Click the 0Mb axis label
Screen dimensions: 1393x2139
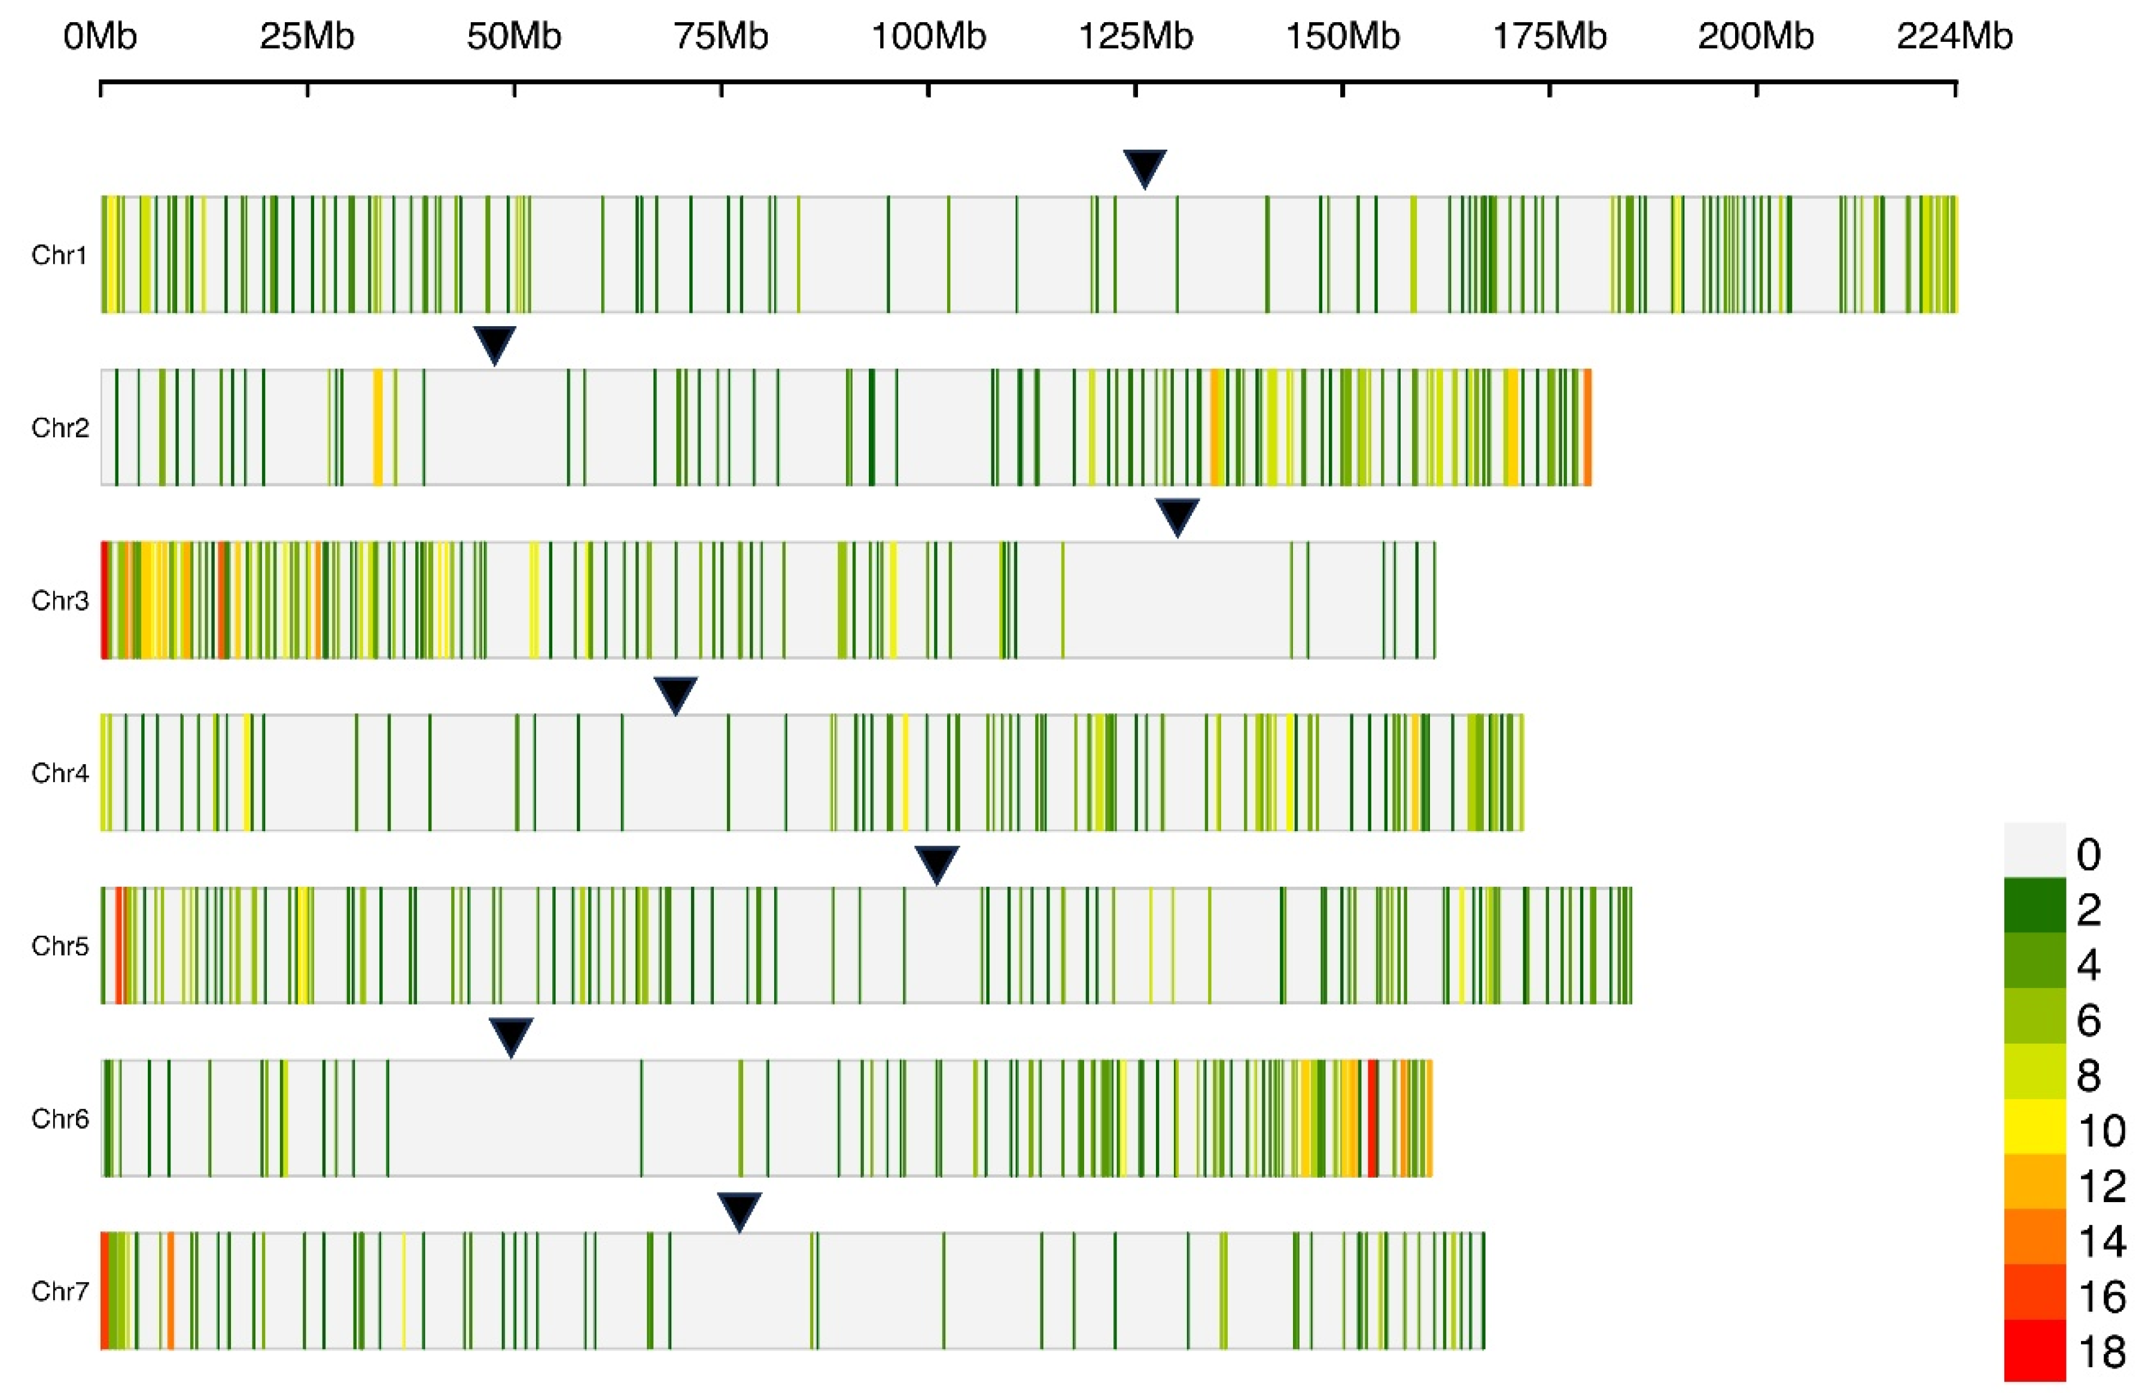point(100,37)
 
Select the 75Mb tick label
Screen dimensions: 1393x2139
point(721,37)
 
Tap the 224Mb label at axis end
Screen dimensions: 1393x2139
point(1954,37)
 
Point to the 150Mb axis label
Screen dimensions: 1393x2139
point(1342,37)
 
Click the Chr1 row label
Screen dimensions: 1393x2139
point(59,256)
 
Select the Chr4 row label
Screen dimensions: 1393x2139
point(59,773)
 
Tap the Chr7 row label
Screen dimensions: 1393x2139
point(59,1291)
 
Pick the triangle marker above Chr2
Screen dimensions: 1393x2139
point(494,343)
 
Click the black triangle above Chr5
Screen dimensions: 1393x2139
point(936,863)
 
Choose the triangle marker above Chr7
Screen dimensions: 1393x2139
point(739,1210)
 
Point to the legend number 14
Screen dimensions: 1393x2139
point(2101,1241)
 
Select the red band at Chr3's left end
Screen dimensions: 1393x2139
point(104,600)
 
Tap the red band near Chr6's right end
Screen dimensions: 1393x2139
point(1373,1118)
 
